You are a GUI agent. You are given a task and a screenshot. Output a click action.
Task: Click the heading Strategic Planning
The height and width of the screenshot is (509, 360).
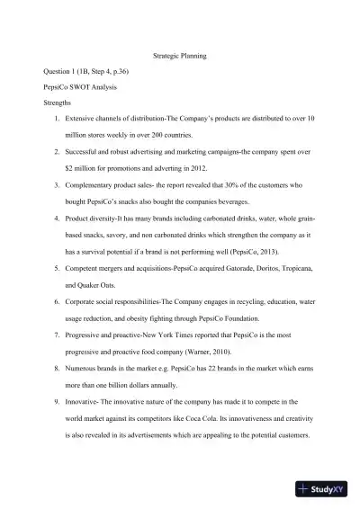tap(180, 55)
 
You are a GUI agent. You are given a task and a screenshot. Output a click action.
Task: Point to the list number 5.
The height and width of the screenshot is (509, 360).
tap(57, 268)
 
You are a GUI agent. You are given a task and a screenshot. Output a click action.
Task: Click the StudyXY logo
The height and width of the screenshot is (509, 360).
tap(325, 490)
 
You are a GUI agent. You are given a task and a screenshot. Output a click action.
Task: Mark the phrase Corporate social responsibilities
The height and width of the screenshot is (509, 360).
tap(117, 301)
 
